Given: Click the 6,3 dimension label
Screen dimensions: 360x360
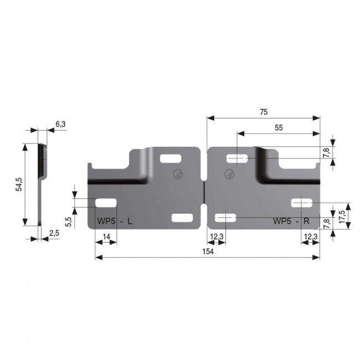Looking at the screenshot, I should pos(60,125).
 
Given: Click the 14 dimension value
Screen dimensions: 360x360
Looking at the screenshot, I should pos(106,237).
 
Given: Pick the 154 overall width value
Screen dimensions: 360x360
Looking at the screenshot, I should pos(207,251).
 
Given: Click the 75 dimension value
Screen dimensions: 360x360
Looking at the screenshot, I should pos(263,112).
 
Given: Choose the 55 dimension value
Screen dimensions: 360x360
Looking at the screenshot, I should pos(279,127).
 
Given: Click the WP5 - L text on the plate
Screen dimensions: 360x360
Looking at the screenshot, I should pos(115,222).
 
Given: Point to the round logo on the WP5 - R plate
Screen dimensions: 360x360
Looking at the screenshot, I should pos(229,174).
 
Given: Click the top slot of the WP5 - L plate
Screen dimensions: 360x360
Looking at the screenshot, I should pos(168,159).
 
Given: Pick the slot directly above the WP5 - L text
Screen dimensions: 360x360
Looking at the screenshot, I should pos(106,203).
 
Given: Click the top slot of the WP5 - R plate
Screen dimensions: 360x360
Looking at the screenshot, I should pos(237,159).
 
